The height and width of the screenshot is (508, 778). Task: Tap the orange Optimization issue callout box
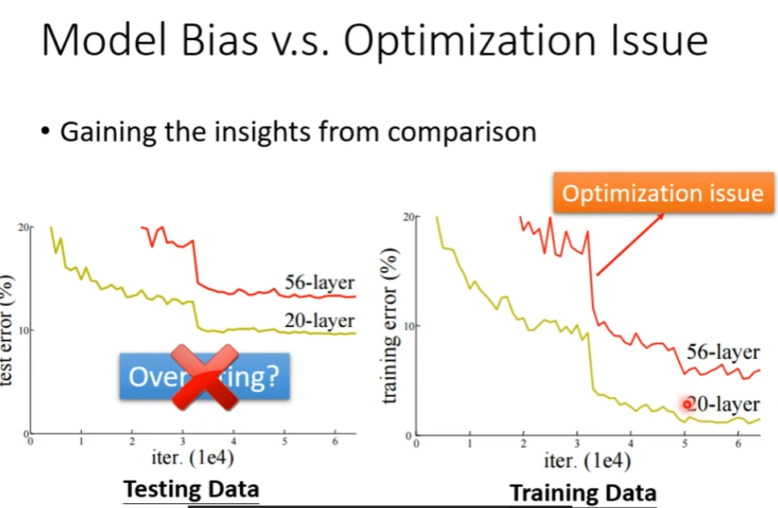click(662, 193)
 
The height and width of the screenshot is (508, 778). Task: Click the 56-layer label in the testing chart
click(319, 282)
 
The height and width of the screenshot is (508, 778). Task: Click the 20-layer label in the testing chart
click(319, 320)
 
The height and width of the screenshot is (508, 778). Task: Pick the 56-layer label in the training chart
click(722, 352)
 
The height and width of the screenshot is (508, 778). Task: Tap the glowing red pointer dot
click(687, 404)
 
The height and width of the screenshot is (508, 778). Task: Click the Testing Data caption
click(191, 489)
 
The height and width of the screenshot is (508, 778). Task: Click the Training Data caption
click(583, 492)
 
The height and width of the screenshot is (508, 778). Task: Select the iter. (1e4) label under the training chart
click(587, 462)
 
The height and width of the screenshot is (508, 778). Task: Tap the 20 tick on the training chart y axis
click(408, 217)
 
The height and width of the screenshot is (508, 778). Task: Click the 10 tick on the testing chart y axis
click(21, 331)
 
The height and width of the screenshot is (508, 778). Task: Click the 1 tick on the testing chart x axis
click(81, 442)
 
